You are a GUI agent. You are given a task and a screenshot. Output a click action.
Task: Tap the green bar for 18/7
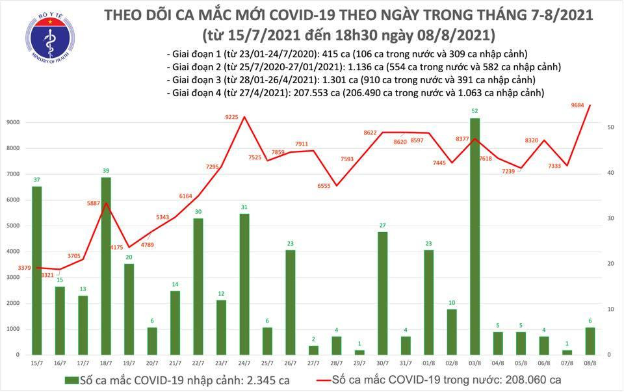(x=106, y=266)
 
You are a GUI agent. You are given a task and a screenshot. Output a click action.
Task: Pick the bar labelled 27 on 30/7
(x=383, y=293)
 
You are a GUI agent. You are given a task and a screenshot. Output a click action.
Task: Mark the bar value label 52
(x=476, y=111)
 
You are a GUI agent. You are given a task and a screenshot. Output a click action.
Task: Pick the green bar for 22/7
(x=198, y=286)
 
